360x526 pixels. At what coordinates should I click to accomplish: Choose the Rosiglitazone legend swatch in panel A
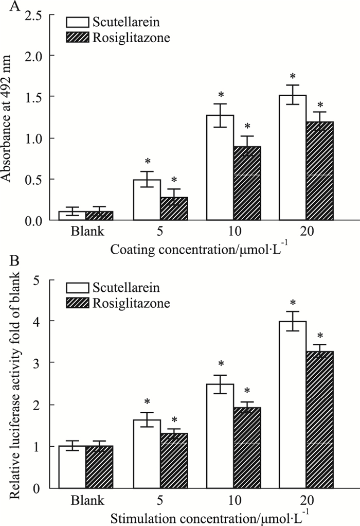pyautogui.click(x=79, y=37)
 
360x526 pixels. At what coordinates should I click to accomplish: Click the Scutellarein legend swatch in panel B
pyautogui.click(x=79, y=288)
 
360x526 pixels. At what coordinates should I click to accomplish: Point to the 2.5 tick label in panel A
pyautogui.click(x=39, y=14)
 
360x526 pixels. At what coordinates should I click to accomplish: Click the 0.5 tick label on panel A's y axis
pyautogui.click(x=39, y=179)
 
